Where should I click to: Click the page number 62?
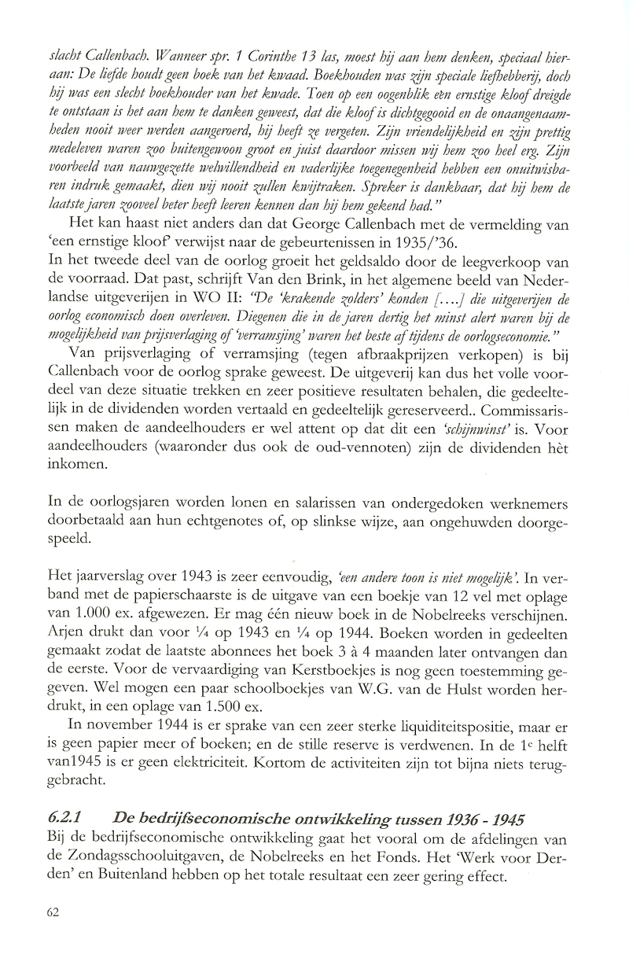click(x=53, y=912)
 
